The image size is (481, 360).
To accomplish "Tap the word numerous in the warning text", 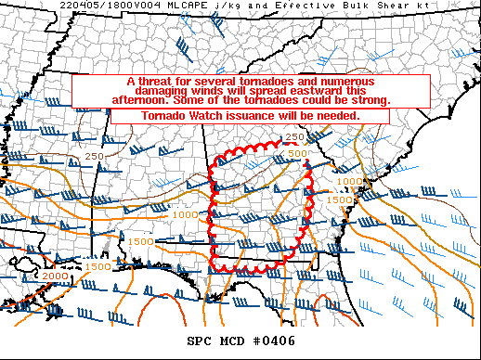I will (337, 82).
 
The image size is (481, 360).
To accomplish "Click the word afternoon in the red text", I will (114, 100).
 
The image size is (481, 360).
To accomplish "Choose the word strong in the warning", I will (367, 100).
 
